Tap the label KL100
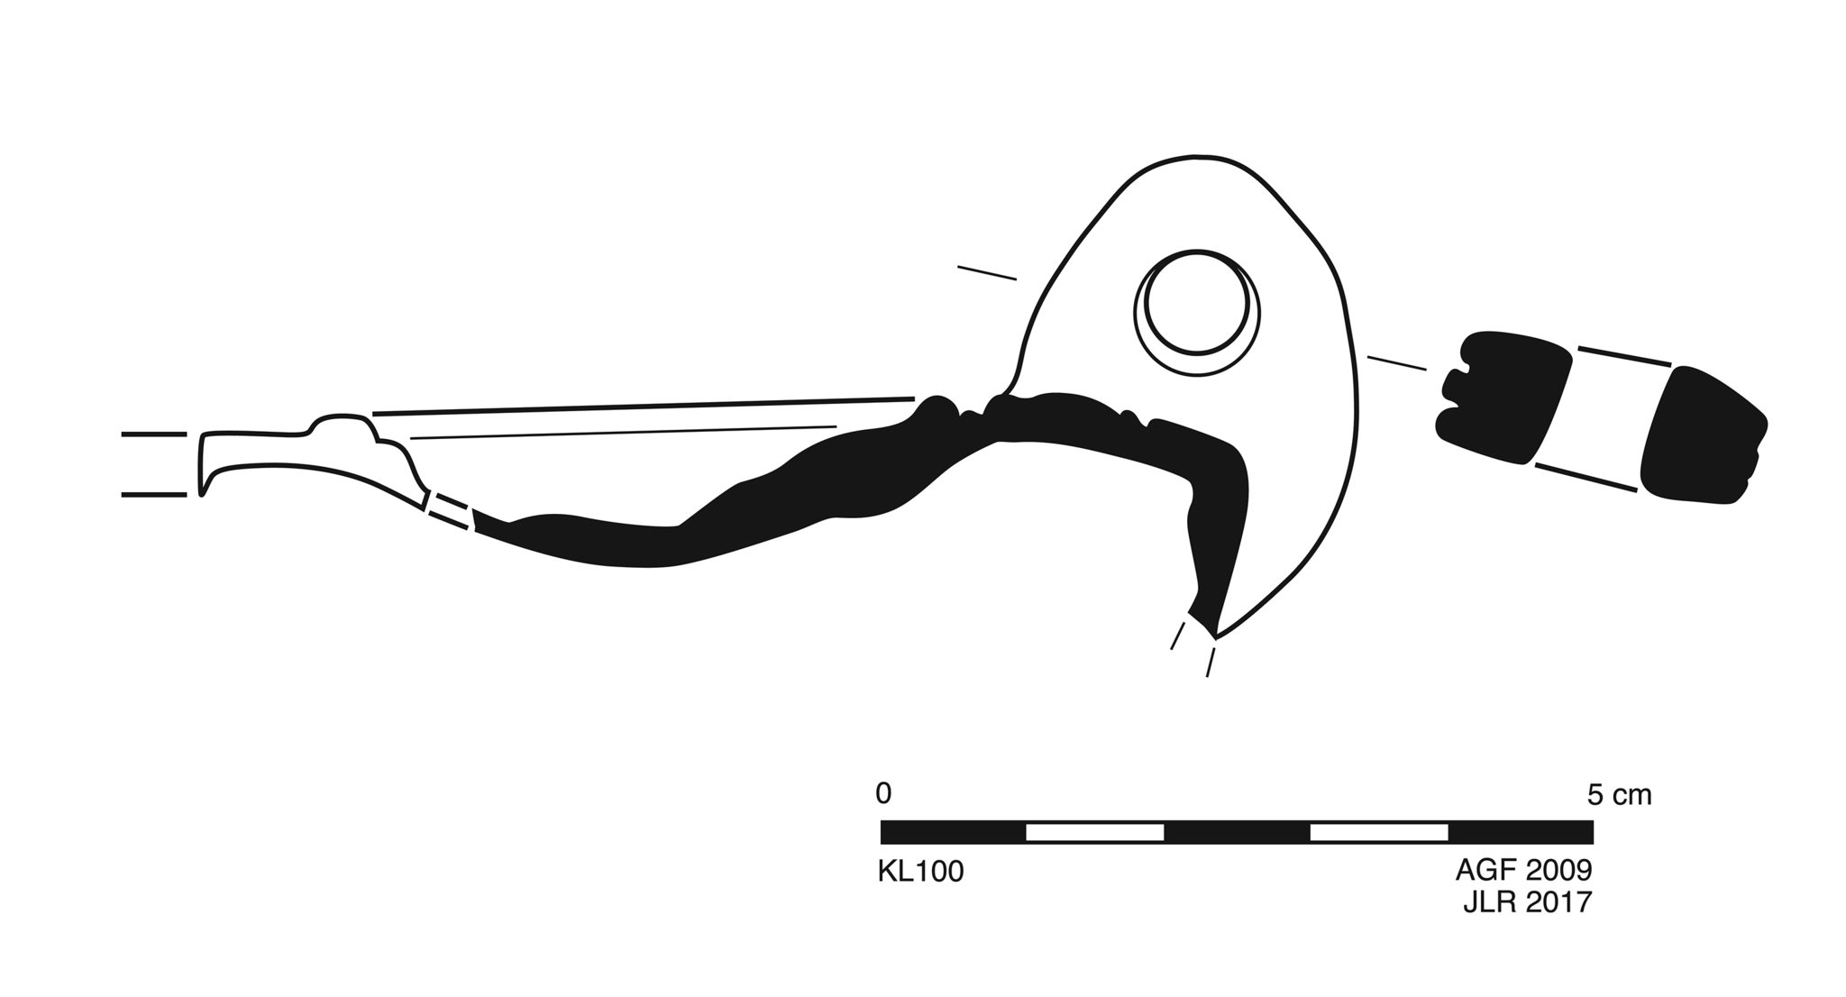(920, 872)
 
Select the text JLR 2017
(1527, 902)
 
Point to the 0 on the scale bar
(883, 793)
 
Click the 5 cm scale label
(1619, 795)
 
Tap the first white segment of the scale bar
(1095, 832)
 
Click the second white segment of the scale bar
(1379, 832)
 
